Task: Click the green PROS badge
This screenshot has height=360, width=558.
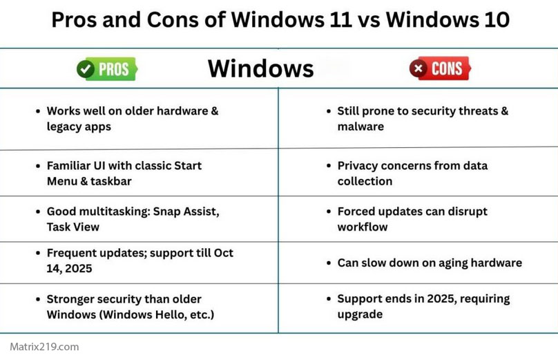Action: (106, 68)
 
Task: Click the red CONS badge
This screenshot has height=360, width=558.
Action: (440, 68)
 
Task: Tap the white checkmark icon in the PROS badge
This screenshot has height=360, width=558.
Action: (86, 68)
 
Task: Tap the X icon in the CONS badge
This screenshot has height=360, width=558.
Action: (418, 68)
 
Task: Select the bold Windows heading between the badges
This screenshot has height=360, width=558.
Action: (260, 68)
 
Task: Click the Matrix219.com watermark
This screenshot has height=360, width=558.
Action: (44, 347)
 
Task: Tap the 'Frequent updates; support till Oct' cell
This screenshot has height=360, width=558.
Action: (139, 261)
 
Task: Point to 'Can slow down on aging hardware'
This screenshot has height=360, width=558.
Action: (430, 263)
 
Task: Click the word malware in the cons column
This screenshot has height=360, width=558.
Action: (360, 127)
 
